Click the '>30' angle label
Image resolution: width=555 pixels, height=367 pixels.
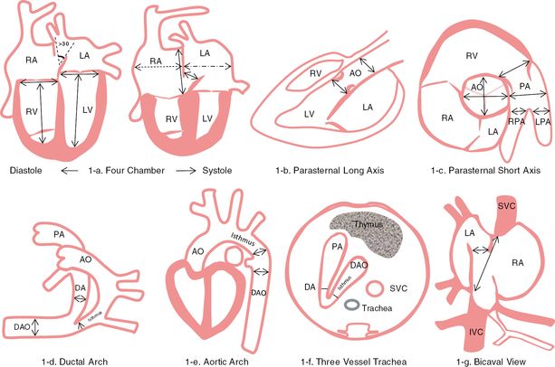tap(64, 42)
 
